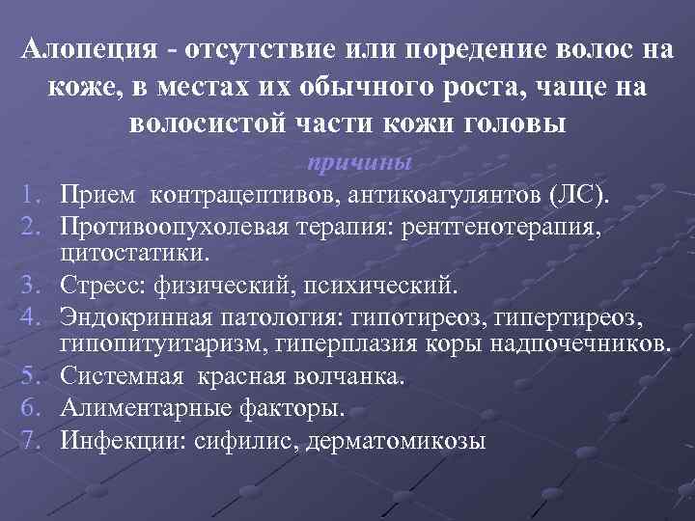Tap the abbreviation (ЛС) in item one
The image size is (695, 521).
(x=579, y=198)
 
